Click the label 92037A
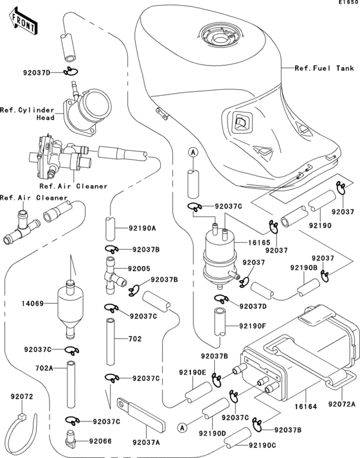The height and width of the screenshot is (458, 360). tap(148, 443)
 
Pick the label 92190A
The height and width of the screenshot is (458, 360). tap(143, 227)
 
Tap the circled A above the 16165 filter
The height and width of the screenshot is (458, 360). tap(192, 152)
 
